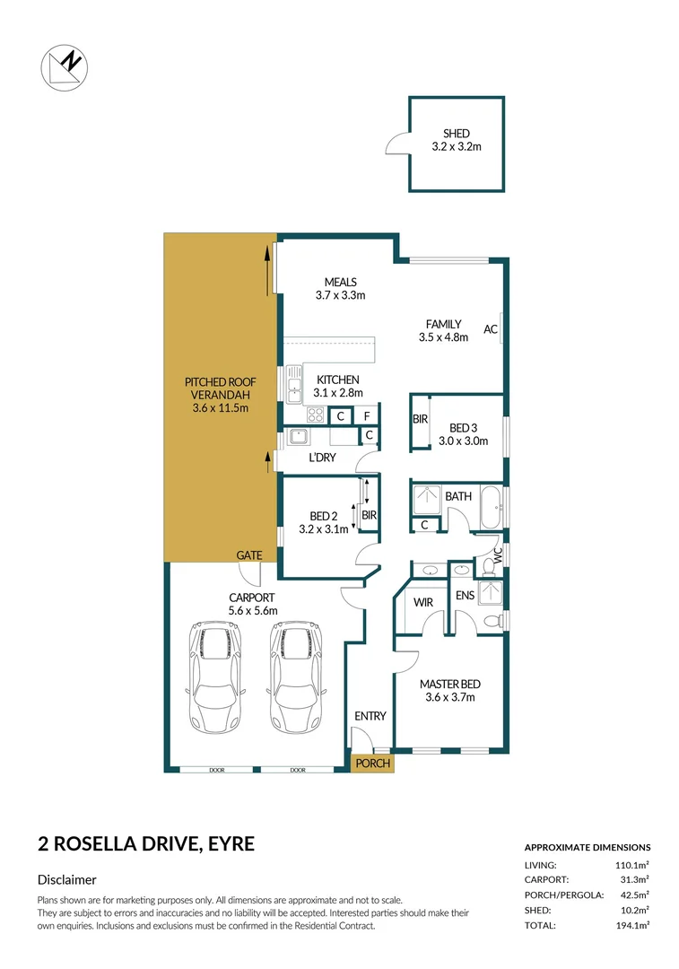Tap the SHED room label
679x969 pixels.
click(x=456, y=134)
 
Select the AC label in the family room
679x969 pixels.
click(x=491, y=329)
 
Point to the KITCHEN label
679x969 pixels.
click(x=336, y=380)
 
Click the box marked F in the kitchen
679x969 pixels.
click(x=366, y=415)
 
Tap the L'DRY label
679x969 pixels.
click(x=322, y=458)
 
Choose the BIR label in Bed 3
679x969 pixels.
click(x=420, y=419)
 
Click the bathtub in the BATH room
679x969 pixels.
click(x=491, y=508)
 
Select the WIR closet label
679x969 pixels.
click(x=424, y=603)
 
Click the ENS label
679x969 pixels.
click(x=465, y=595)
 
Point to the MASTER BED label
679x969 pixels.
click(x=448, y=684)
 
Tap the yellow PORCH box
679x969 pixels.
click(x=372, y=764)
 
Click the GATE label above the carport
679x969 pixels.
click(x=248, y=555)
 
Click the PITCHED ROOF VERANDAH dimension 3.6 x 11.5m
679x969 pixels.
click(x=220, y=407)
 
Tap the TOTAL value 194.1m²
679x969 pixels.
click(x=632, y=925)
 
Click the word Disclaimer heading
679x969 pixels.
click(x=66, y=880)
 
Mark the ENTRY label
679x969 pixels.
click(x=370, y=716)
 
